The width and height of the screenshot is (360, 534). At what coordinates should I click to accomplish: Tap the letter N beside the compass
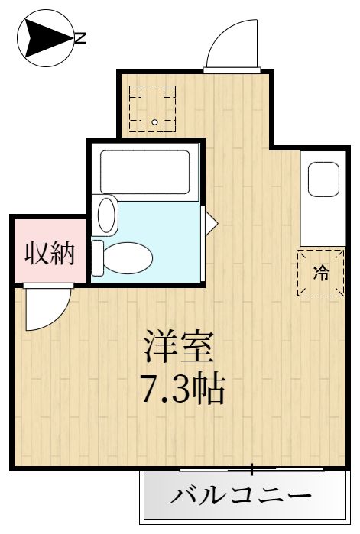(x=79, y=36)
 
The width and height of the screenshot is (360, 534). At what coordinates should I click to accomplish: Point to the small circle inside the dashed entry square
(x=154, y=122)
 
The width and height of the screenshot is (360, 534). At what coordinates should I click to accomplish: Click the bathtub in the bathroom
(x=145, y=171)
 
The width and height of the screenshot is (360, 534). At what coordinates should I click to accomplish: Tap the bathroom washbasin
(x=107, y=215)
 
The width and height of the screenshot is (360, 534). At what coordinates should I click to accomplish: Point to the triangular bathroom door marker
(x=210, y=222)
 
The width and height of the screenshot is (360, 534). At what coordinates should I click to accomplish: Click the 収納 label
(x=48, y=253)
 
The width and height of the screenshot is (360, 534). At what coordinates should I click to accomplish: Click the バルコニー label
(x=241, y=497)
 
